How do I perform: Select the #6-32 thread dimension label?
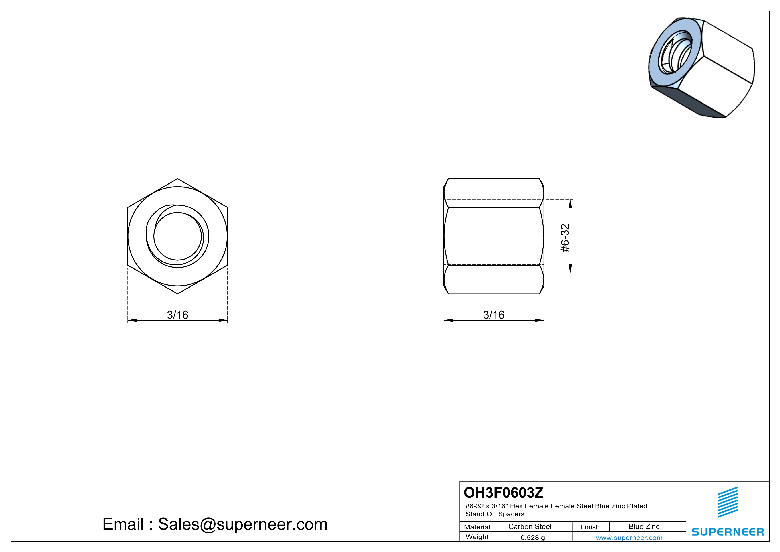(x=565, y=238)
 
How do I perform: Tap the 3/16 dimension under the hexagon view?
(x=177, y=315)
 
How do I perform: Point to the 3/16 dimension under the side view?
(x=494, y=315)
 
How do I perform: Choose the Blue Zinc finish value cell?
(x=644, y=526)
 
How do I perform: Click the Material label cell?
(x=477, y=527)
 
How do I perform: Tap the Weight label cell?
(x=477, y=537)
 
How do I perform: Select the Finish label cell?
(x=590, y=527)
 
